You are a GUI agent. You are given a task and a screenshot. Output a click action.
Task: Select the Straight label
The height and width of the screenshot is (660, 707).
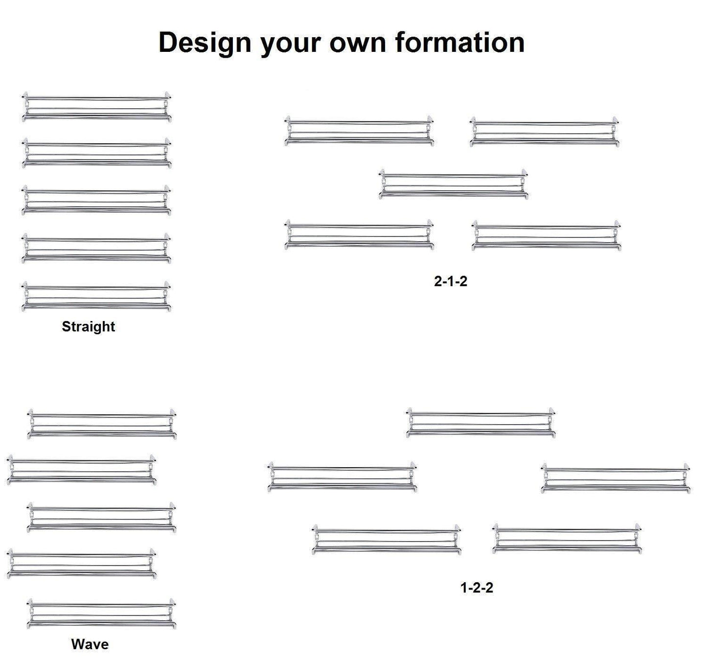[88, 326]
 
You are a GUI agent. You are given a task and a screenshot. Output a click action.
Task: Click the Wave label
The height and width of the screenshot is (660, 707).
[90, 644]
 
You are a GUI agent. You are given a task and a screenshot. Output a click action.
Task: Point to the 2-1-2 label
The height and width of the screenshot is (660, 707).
[451, 281]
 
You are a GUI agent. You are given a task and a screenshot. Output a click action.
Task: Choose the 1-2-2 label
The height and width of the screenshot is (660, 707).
[477, 588]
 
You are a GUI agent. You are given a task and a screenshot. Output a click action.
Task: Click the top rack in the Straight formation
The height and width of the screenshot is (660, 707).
[96, 107]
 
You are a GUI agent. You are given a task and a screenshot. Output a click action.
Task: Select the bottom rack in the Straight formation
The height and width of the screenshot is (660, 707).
[96, 296]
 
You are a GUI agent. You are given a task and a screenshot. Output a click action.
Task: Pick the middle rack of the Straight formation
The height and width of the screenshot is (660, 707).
[96, 201]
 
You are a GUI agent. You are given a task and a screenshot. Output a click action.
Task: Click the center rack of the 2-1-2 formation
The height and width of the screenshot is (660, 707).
[454, 184]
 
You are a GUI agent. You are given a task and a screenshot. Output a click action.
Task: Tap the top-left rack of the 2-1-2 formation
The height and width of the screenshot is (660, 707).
[359, 131]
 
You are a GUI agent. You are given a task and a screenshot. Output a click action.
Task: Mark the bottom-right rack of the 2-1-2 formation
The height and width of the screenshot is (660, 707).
[547, 236]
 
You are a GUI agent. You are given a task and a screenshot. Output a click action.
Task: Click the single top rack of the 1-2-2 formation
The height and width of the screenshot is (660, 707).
[481, 422]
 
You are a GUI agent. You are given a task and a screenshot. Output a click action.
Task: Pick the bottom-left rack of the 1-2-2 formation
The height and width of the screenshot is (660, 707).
[387, 540]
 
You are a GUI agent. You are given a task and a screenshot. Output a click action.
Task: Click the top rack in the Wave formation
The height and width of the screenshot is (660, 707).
[102, 424]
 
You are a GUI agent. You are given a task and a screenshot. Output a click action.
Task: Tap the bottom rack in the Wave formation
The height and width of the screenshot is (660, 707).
[101, 614]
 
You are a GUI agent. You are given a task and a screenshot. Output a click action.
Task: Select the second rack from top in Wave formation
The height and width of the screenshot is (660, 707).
[82, 470]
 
